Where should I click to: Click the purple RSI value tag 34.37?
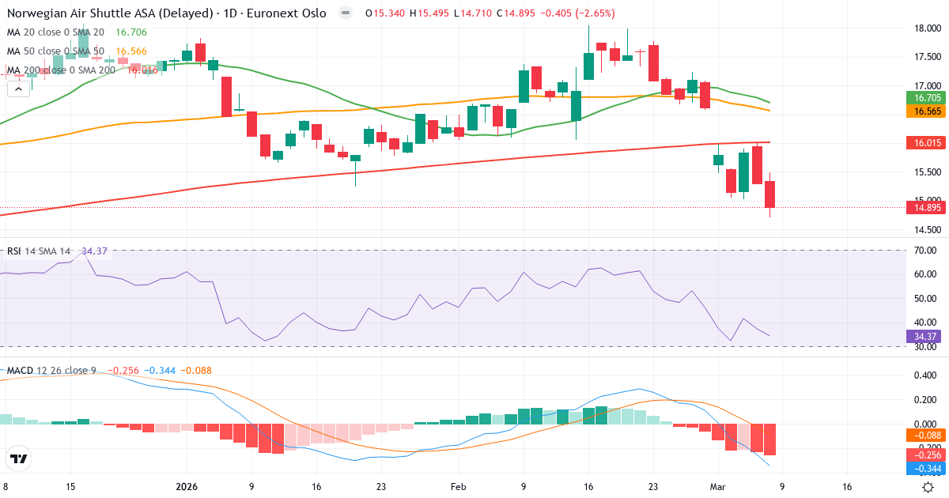(x=921, y=336)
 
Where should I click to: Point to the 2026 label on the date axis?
(x=187, y=487)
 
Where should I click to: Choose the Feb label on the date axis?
(x=459, y=487)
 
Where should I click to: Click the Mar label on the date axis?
(x=716, y=487)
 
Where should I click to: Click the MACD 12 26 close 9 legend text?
(x=51, y=370)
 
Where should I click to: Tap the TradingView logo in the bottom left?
(x=18, y=458)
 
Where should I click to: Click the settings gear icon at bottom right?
(x=928, y=487)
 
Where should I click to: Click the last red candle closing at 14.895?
(x=770, y=194)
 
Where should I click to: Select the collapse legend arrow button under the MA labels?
(x=18, y=89)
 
